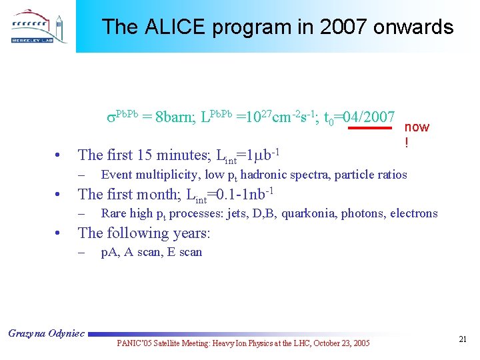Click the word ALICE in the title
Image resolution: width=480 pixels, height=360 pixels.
tap(171, 27)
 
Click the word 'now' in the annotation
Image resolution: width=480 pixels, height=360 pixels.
tap(417, 127)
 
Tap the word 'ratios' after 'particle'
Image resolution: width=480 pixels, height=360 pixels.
tap(391, 175)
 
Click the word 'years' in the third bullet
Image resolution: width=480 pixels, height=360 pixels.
tap(191, 233)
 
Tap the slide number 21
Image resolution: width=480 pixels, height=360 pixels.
tap(462, 340)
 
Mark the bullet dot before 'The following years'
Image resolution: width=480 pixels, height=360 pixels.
tap(59, 234)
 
